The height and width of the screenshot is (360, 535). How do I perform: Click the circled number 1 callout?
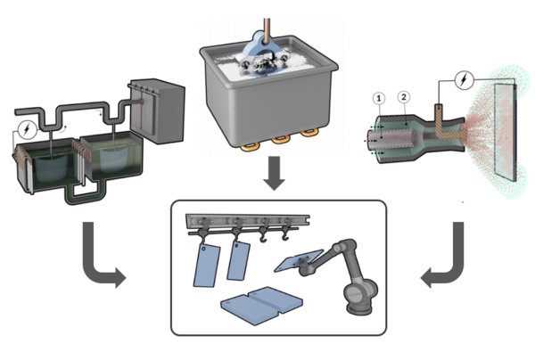(x=378, y=96)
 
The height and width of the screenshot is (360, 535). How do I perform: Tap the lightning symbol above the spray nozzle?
(x=463, y=79)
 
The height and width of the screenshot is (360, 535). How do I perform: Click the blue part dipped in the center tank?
(x=267, y=40)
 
